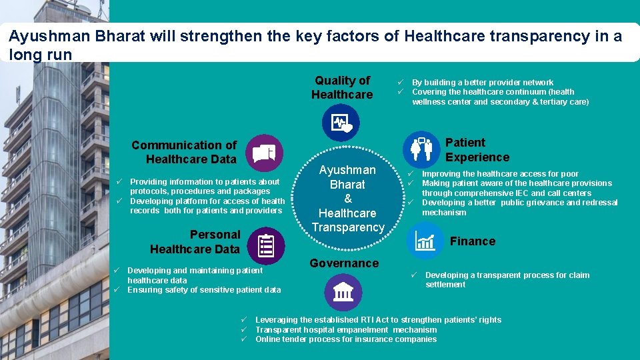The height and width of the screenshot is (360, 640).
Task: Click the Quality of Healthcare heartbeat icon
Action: pos(341,123)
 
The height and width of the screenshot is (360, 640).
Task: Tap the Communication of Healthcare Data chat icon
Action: pos(265,150)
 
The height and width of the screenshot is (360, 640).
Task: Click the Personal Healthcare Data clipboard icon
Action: pos(266,245)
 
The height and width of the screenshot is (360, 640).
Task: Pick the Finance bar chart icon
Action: pos(425,240)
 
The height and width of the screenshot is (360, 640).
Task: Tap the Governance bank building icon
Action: pos(343,292)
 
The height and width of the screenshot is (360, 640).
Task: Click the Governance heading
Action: pos(344,263)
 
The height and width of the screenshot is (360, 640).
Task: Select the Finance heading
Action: pos(473,241)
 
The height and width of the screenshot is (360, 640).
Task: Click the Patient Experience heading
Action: pos(477,150)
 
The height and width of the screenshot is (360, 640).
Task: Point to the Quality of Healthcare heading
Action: pos(342,87)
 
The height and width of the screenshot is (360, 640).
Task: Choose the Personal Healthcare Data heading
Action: pos(195,242)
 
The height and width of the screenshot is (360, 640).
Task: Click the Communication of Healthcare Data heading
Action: pos(184,152)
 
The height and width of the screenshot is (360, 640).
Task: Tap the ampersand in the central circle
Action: pos(347,199)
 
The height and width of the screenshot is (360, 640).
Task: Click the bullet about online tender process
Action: pos(346,339)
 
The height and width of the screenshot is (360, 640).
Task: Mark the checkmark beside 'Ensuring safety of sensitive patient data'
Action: pos(115,290)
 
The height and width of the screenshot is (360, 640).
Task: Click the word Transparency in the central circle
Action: pos(348,227)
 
